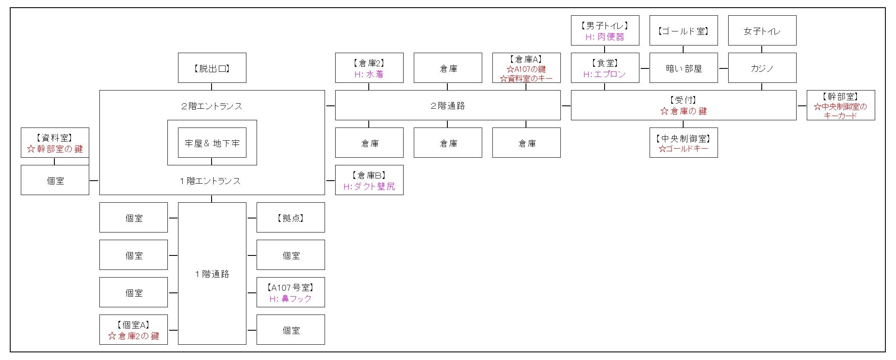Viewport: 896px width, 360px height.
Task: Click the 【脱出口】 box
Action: (212, 68)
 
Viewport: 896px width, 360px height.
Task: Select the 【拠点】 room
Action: (291, 218)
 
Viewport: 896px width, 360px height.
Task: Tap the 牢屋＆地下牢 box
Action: (212, 143)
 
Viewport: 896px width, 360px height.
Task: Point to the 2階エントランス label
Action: (212, 106)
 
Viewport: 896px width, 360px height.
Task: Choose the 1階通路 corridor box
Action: (212, 274)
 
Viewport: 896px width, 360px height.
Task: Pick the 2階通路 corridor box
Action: (448, 105)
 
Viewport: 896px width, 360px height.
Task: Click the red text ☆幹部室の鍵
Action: (55, 149)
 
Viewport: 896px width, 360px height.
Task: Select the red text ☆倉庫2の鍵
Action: (134, 336)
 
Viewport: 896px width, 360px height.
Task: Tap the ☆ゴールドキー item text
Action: (684, 149)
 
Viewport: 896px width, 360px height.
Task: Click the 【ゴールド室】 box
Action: (684, 31)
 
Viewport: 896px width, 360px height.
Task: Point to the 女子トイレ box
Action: (762, 31)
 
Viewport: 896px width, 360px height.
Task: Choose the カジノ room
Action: (762, 68)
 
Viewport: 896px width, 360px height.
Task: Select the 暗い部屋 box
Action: (684, 68)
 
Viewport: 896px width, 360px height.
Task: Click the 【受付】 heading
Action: (683, 100)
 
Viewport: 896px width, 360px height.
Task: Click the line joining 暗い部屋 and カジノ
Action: (723, 68)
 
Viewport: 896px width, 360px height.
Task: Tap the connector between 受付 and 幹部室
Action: (802, 105)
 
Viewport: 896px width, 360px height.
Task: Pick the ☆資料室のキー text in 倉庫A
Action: (526, 79)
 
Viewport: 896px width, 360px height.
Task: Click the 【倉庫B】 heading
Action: (369, 175)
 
